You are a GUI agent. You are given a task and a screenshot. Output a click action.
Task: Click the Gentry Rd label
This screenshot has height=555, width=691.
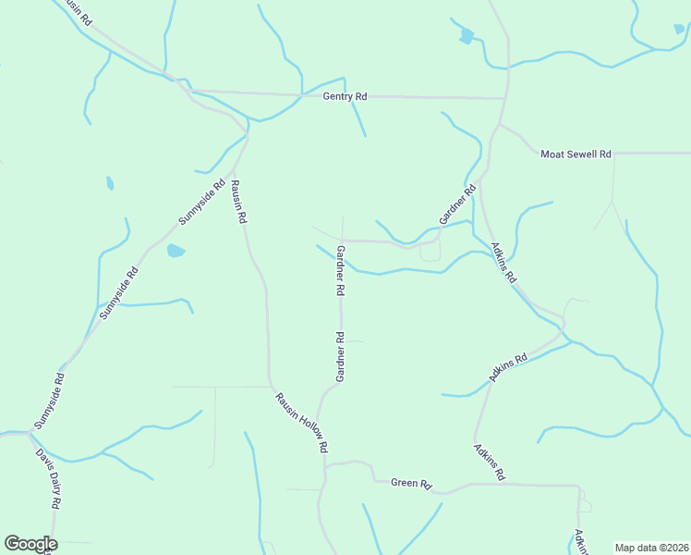(345, 97)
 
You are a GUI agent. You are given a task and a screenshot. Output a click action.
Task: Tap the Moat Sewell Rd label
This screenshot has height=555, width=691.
(576, 154)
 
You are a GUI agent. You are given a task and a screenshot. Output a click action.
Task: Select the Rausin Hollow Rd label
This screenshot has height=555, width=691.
(302, 423)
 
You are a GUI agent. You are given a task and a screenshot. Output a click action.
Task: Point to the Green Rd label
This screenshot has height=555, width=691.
(411, 483)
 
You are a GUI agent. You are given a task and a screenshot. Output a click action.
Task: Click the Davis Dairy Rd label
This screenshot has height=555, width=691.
(48, 478)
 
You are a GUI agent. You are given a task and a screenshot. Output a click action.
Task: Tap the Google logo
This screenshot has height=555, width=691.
(30, 544)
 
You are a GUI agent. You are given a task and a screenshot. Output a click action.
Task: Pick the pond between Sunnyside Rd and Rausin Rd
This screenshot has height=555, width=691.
(175, 251)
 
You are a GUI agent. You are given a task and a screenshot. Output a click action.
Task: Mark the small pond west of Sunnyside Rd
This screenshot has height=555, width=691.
(110, 183)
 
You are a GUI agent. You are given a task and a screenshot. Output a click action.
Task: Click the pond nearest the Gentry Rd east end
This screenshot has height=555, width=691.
(467, 36)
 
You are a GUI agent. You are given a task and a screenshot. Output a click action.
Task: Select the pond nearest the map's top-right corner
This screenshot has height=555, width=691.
(679, 30)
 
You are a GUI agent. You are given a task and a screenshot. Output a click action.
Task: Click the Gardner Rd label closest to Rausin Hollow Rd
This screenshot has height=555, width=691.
(340, 357)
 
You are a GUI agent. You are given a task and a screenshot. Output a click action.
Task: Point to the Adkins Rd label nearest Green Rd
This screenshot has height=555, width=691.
(489, 462)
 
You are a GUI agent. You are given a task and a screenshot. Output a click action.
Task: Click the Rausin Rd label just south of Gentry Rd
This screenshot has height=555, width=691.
(237, 203)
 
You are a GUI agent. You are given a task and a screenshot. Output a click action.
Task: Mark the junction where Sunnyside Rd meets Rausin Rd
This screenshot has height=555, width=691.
(248, 136)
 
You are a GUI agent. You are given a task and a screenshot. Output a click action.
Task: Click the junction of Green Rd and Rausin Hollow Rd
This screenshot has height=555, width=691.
(324, 465)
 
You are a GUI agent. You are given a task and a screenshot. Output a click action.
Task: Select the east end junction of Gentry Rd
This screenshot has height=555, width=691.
(505, 97)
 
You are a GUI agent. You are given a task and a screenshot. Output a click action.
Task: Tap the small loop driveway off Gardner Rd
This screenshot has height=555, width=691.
(430, 251)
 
